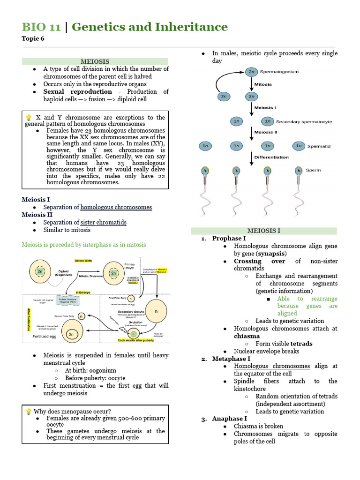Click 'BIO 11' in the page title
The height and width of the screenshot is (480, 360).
coord(41,27)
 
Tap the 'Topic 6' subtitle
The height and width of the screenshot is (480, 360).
coord(33,39)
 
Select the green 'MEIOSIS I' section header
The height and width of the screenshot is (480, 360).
coord(263,231)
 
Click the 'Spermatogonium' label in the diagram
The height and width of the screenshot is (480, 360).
coord(279,72)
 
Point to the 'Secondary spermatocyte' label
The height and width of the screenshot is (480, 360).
coord(304,121)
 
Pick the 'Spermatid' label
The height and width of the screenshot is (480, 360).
coord(319,146)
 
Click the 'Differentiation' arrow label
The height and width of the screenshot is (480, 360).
coord(271,157)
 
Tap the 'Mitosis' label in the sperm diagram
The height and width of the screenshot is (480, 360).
coord(263,84)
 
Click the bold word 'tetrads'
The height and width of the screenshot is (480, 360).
coord(300,344)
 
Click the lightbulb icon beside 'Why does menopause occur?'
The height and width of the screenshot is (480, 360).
coord(28,412)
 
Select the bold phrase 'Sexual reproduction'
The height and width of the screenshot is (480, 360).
coord(77,91)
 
